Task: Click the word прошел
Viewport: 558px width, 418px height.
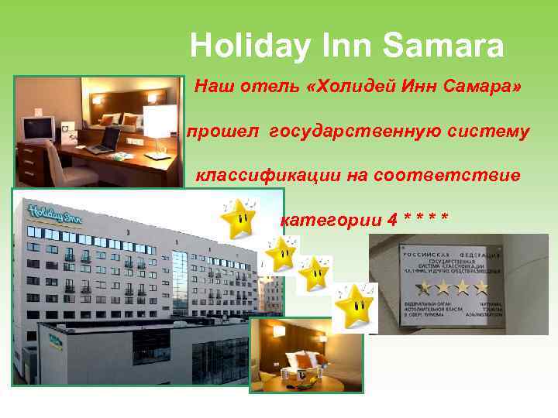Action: [x=225, y=132]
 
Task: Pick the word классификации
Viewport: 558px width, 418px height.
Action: [x=264, y=176]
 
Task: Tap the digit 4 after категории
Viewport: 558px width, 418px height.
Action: [x=394, y=220]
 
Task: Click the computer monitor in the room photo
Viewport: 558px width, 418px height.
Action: [x=37, y=128]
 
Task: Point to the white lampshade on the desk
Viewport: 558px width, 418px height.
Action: [x=160, y=121]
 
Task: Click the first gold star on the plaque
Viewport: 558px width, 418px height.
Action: [x=424, y=289]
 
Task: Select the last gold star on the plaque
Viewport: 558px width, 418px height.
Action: [x=481, y=289]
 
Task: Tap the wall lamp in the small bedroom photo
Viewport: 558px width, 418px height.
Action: [x=278, y=331]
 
